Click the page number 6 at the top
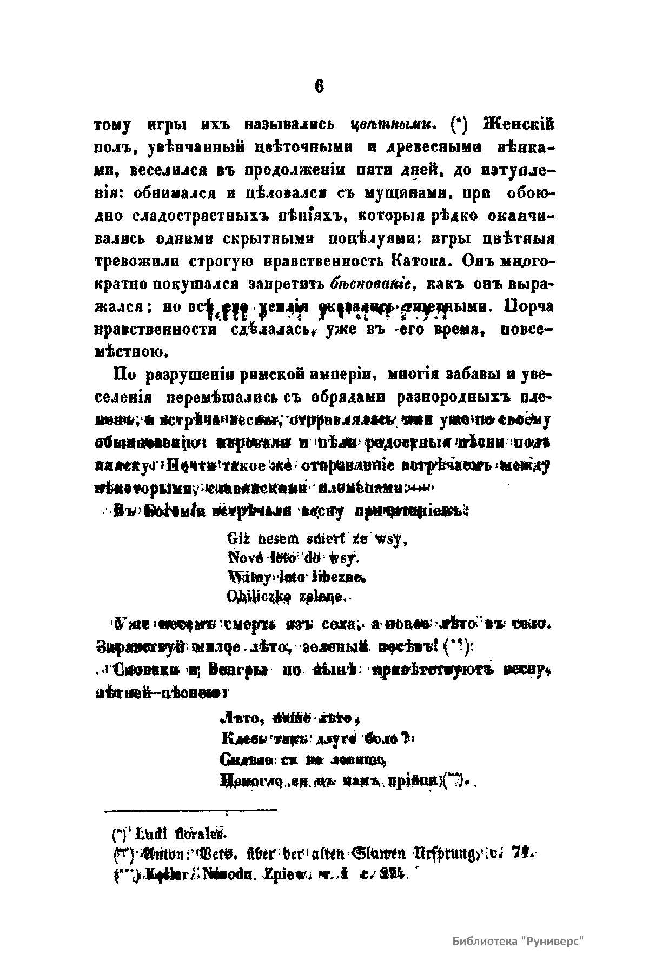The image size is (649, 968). (319, 87)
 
